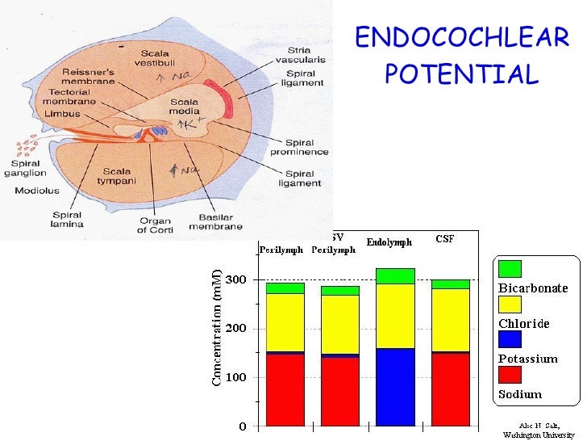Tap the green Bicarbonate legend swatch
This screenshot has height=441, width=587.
pyautogui.click(x=510, y=269)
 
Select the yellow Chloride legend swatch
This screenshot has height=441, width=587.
pyautogui.click(x=510, y=304)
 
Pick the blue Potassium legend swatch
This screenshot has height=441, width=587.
pyautogui.click(x=510, y=339)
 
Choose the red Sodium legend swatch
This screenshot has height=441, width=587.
pyautogui.click(x=510, y=374)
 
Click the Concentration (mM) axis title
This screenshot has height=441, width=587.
pyautogui.click(x=217, y=321)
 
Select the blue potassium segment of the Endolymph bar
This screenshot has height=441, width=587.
pyautogui.click(x=395, y=387)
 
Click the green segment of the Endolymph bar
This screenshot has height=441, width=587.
pyautogui.click(x=395, y=275)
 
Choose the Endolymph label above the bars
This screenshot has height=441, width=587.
pyautogui.click(x=389, y=241)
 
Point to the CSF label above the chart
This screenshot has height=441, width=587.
pyautogui.click(x=444, y=238)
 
